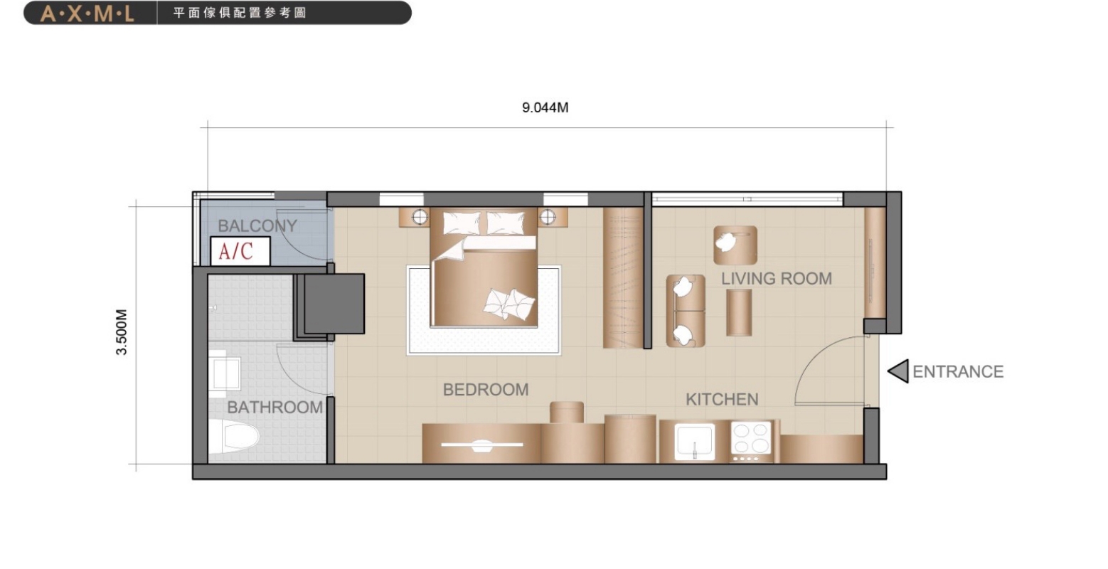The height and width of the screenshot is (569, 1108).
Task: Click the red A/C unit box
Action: click(x=240, y=251)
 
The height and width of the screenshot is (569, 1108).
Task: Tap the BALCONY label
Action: click(x=257, y=225)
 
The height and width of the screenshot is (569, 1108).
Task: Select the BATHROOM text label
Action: click(x=275, y=408)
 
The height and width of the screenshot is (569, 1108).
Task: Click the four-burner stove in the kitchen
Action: click(x=752, y=439)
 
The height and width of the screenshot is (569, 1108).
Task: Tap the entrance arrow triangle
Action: click(x=898, y=371)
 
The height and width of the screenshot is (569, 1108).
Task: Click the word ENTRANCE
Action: click(x=958, y=371)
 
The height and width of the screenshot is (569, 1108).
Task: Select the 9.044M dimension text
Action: click(x=545, y=107)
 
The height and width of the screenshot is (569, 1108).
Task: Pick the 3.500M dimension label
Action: click(x=122, y=332)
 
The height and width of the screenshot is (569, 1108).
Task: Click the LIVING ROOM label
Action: click(x=776, y=279)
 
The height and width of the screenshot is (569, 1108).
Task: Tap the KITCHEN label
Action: click(x=722, y=399)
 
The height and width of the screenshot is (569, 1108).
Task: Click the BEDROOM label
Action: click(x=486, y=389)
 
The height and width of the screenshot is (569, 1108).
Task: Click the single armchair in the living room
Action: click(x=735, y=245)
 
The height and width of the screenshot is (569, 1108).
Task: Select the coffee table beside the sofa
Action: click(x=739, y=313)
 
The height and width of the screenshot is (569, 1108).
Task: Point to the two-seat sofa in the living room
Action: click(x=686, y=311)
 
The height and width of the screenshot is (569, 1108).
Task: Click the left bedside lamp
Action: click(x=420, y=217)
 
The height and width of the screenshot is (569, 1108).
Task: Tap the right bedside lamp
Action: click(x=548, y=217)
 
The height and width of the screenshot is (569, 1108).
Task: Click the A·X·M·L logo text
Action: click(x=87, y=14)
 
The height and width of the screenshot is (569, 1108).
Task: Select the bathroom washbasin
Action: click(x=225, y=373)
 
